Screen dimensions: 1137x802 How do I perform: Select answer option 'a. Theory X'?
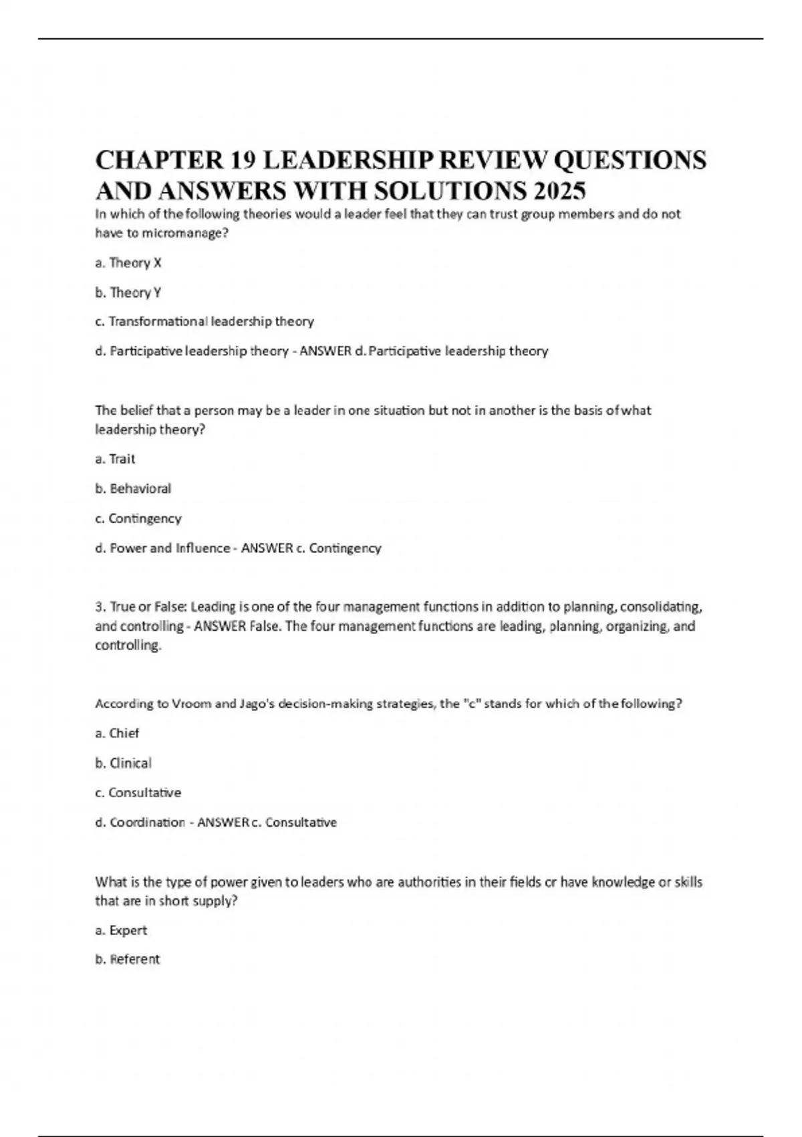click(x=128, y=263)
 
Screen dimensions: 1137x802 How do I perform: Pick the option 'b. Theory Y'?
click(x=128, y=292)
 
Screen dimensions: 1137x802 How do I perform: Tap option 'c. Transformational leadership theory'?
click(x=205, y=322)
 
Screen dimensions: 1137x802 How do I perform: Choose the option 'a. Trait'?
click(x=115, y=459)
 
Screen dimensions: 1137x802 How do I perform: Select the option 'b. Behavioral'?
click(x=133, y=489)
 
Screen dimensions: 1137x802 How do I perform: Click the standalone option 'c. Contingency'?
click(x=138, y=518)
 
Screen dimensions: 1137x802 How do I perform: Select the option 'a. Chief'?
click(x=117, y=733)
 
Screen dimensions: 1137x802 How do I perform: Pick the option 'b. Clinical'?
click(x=124, y=763)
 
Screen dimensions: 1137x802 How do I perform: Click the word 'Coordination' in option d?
click(x=148, y=823)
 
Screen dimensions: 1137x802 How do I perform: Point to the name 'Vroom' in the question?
click(x=192, y=704)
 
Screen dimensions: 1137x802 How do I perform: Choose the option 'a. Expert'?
click(x=121, y=930)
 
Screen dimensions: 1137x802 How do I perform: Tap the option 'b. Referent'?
click(x=128, y=959)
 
